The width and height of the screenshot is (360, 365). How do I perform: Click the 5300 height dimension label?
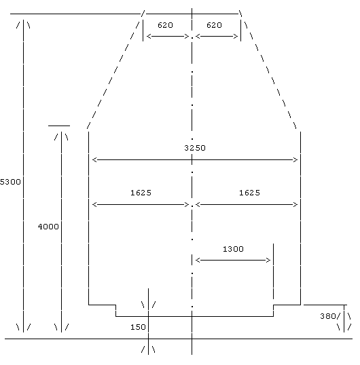[x=10, y=182]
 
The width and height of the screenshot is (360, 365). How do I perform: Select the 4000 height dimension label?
[x=48, y=227]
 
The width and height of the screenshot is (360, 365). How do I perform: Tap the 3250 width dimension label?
[x=195, y=148]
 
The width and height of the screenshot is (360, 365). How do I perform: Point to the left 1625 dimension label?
[x=141, y=193]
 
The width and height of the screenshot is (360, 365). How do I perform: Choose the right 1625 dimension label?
[x=249, y=193]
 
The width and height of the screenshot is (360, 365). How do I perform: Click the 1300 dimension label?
[x=233, y=249]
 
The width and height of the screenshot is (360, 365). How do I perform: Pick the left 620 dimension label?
[x=165, y=25]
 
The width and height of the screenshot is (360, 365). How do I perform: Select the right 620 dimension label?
[x=214, y=25]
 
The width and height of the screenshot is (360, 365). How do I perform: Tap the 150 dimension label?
[x=138, y=327]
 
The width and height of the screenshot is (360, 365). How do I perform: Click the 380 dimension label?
[x=328, y=316]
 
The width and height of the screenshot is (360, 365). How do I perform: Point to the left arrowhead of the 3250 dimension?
[x=94, y=159]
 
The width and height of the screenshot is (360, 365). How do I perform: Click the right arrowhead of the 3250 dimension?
[x=295, y=159]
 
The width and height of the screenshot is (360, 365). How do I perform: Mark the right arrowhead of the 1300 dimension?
[x=268, y=260]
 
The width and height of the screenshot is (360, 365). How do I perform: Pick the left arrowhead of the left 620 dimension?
[x=149, y=37]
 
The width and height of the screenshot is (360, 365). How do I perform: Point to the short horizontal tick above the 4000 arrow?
[x=59, y=126]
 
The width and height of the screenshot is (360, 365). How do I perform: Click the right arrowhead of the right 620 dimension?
[x=236, y=37]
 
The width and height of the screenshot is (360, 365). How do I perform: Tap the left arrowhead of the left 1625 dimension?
[x=94, y=205]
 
